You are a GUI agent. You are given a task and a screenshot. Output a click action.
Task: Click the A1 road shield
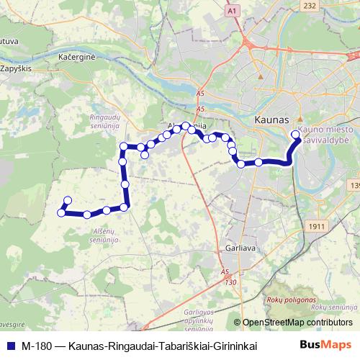(251, 12)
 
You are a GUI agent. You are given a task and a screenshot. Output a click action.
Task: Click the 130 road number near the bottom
(230, 282)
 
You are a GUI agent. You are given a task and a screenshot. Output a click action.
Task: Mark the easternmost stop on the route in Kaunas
(295, 134)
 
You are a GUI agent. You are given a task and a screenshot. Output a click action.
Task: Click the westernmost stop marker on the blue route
(61, 212)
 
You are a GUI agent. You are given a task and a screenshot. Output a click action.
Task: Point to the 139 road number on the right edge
(354, 186)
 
